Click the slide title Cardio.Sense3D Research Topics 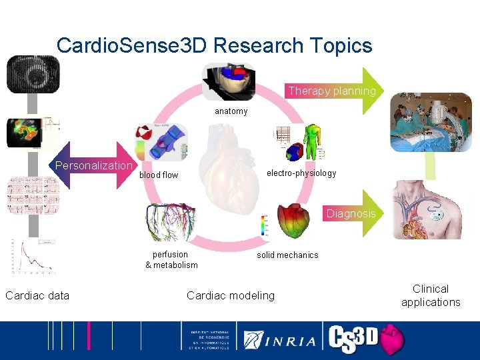pyautogui.click(x=214, y=45)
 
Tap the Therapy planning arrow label pyautogui.click(x=332, y=91)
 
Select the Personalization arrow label pyautogui.click(x=94, y=165)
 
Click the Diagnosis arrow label pyautogui.click(x=351, y=213)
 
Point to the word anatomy pyautogui.click(x=231, y=111)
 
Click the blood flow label pyautogui.click(x=159, y=175)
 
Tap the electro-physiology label pyautogui.click(x=301, y=173)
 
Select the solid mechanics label pyautogui.click(x=287, y=255)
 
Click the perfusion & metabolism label pyautogui.click(x=171, y=259)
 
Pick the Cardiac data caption pyautogui.click(x=37, y=295)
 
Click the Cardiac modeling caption pyautogui.click(x=230, y=295)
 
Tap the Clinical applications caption pyautogui.click(x=431, y=295)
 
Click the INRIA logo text pyautogui.click(x=281, y=340)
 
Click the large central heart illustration pyautogui.click(x=231, y=167)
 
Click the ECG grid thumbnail pyautogui.click(x=33, y=195)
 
